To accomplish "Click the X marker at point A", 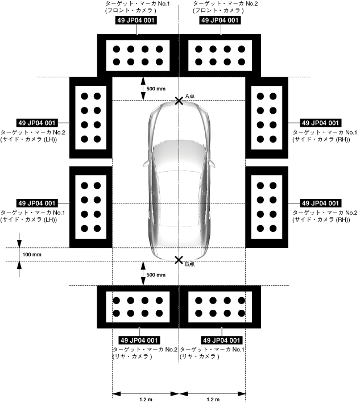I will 179,101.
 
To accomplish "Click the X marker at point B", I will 179,260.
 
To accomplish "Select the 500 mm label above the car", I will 156,89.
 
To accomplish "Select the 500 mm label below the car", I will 156,275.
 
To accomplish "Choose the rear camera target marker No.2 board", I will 138,307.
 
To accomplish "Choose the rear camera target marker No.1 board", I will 220,307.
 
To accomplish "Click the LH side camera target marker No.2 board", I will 90,118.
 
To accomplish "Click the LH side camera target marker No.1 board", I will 90,207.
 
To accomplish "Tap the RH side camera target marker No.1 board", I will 267,118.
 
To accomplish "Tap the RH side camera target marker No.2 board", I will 267,207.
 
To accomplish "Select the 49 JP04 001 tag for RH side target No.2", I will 320,203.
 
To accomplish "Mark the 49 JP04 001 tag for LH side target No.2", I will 37,122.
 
